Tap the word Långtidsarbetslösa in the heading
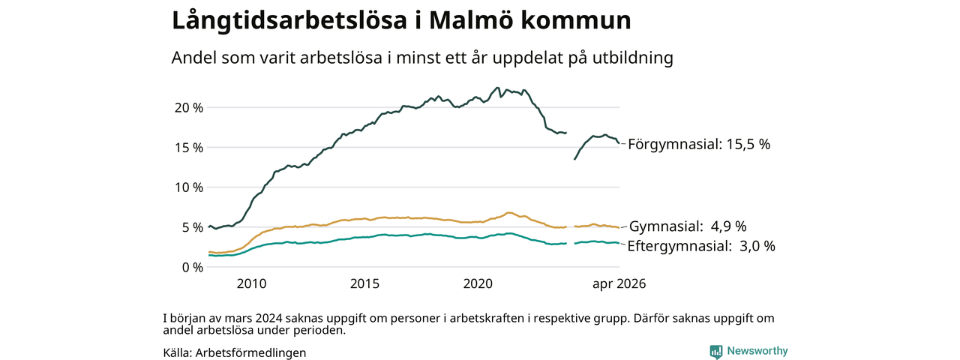click(289, 21)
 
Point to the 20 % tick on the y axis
click(188, 107)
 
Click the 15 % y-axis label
click(188, 148)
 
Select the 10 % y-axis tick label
click(188, 187)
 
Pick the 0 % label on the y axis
click(192, 268)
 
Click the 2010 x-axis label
click(251, 283)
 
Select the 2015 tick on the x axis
click(364, 283)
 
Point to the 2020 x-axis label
click(478, 283)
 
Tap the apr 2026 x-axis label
click(619, 284)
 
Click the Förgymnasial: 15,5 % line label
click(699, 145)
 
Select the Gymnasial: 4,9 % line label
click(688, 226)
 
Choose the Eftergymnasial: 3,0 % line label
click(701, 246)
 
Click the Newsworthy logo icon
click(716, 352)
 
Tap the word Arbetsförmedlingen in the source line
click(250, 352)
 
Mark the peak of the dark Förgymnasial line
click(497, 88)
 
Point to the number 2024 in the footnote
click(268, 319)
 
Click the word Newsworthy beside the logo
click(757, 351)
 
